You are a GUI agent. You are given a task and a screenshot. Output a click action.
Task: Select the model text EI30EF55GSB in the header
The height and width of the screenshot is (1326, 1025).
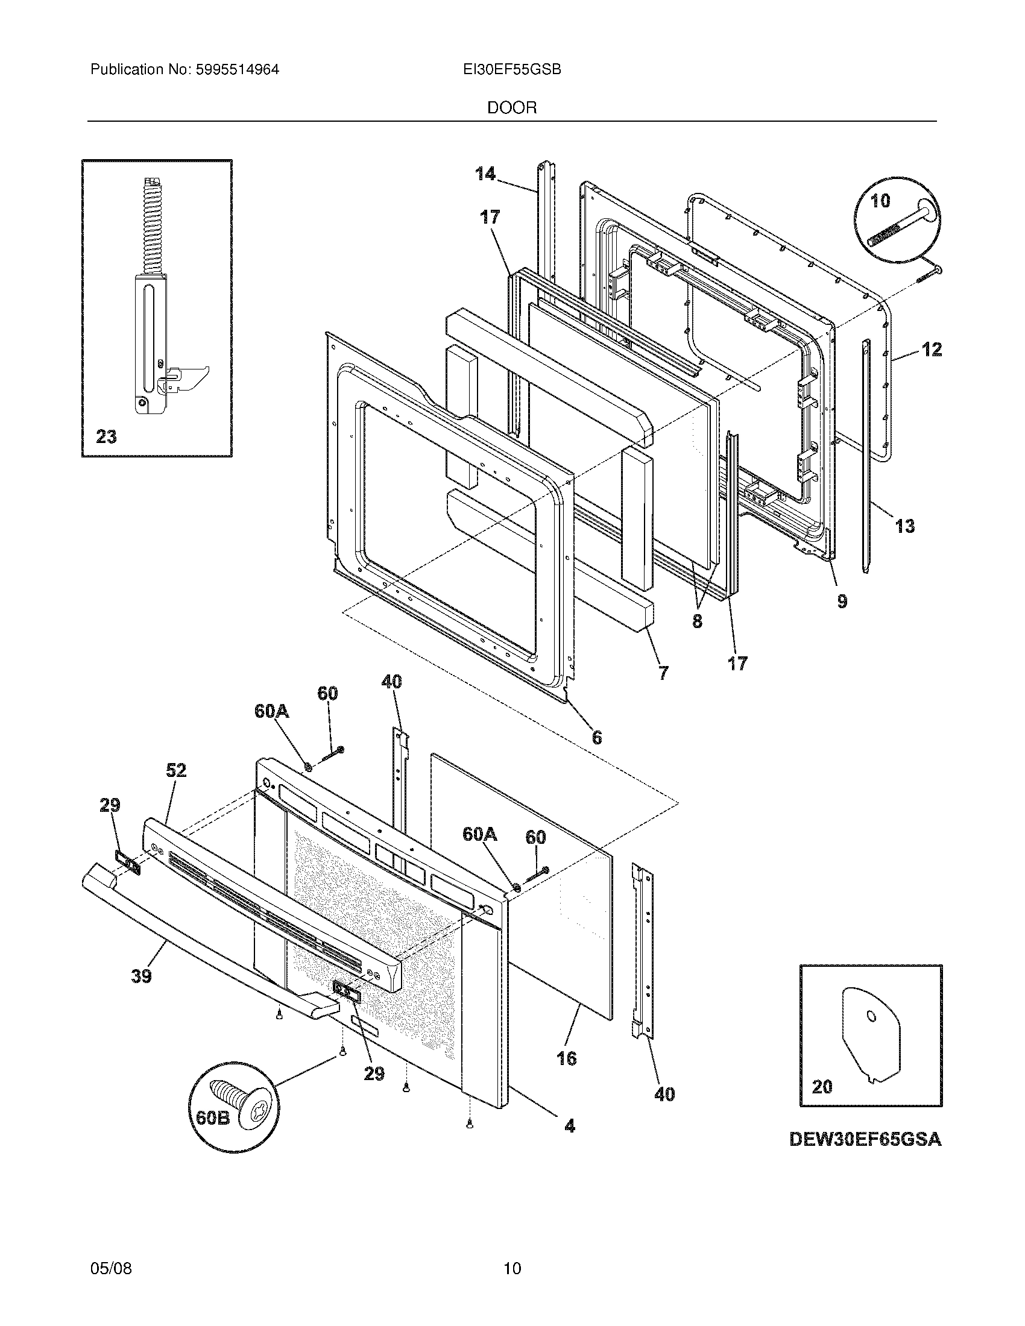(511, 70)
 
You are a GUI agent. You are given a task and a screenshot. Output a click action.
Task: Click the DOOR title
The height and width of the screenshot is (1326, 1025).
(512, 108)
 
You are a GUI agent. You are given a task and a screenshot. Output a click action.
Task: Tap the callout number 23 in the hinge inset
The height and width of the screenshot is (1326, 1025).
(106, 436)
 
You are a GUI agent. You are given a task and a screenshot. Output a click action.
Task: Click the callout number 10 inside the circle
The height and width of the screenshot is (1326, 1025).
(880, 201)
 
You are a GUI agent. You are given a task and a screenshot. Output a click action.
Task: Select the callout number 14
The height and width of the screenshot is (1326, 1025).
(485, 174)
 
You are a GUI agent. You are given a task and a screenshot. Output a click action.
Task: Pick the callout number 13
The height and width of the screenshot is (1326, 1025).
(905, 525)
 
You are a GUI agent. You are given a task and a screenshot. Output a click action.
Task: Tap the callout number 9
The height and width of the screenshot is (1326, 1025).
(842, 601)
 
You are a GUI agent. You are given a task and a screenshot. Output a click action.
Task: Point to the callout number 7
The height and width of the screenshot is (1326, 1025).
(663, 673)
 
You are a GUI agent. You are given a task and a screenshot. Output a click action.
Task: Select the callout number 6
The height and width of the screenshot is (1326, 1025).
(597, 737)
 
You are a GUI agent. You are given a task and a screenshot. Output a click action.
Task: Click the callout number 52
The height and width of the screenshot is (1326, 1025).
(176, 770)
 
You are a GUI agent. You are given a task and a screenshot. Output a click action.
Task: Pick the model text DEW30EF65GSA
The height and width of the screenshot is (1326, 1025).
(865, 1140)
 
